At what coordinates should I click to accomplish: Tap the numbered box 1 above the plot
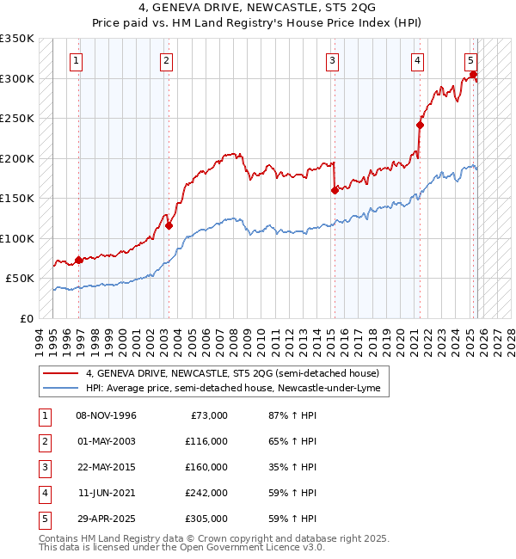click(77, 61)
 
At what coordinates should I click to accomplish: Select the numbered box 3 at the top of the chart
click(332, 61)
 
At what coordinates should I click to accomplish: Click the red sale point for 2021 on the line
click(421, 125)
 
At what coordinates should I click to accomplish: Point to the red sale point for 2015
click(335, 190)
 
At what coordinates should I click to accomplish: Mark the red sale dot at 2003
click(169, 226)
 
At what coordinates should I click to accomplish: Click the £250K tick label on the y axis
click(17, 119)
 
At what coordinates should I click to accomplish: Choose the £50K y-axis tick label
click(21, 279)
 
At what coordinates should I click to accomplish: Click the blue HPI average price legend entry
click(237, 389)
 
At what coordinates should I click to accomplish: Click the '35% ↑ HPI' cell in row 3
click(292, 467)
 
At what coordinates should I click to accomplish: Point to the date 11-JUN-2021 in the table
click(107, 493)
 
